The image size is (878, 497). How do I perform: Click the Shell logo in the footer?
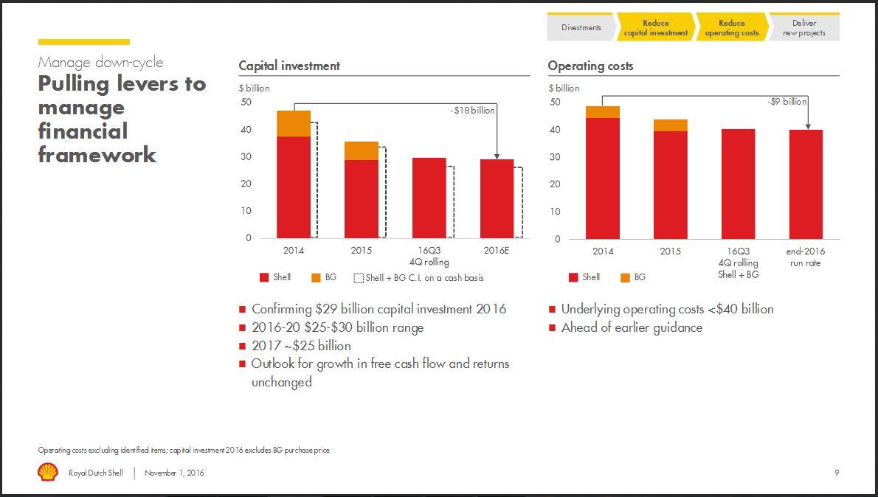[47, 472]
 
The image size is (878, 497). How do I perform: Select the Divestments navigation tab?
[581, 28]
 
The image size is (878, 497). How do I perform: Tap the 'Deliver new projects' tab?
[804, 28]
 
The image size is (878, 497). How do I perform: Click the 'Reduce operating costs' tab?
[731, 28]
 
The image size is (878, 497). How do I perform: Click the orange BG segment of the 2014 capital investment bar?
[294, 123]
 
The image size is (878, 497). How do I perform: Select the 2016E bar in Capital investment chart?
[497, 198]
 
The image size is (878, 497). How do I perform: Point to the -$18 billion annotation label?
[472, 110]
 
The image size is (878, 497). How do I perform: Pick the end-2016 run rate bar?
[806, 184]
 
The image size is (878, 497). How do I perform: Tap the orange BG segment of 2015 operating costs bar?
[670, 125]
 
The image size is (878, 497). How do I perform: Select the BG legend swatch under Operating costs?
[626, 278]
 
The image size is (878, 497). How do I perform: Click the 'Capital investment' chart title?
[289, 66]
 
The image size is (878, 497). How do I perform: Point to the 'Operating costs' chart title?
[590, 66]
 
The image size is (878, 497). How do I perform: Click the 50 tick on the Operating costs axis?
[554, 102]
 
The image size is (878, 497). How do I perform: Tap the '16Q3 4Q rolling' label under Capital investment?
[429, 256]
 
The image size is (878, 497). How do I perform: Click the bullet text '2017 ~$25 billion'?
[301, 346]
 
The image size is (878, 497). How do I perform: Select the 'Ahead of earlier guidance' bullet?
[632, 327]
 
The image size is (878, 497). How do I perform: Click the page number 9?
[836, 473]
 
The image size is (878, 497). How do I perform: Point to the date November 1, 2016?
[174, 473]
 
